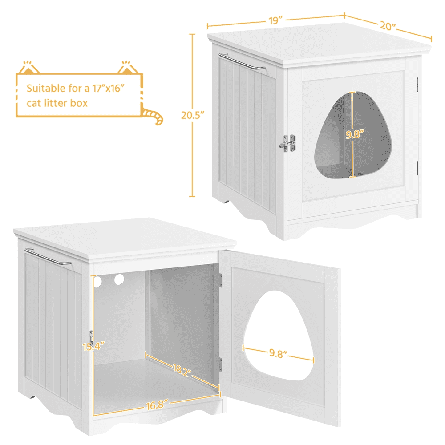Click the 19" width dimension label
click(276, 21)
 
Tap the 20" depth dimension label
click(388, 26)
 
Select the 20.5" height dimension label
click(193, 115)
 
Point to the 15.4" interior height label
click(93, 347)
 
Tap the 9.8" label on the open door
click(278, 353)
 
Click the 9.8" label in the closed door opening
click(355, 134)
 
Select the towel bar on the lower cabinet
click(48, 257)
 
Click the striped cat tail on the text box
click(153, 115)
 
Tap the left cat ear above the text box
click(29, 67)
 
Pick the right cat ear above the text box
click(127, 67)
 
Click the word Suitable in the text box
click(46, 88)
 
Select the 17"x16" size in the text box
click(109, 88)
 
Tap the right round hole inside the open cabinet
click(119, 279)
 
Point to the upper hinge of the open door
click(221, 280)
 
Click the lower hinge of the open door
click(221, 365)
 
